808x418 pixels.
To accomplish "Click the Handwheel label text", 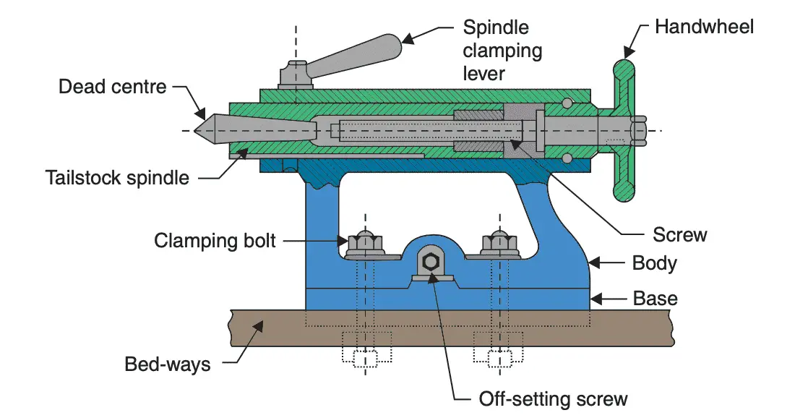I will click(704, 27).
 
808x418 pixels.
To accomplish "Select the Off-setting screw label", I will click(553, 398).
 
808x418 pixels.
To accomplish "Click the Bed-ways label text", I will click(168, 363).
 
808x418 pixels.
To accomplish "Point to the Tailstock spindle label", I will click(116, 177).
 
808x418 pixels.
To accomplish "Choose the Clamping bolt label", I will click(215, 239).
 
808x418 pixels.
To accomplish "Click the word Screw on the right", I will click(679, 235).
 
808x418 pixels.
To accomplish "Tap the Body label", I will click(654, 263).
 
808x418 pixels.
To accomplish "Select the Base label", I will click(655, 298).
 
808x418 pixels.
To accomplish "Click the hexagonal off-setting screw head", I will click(430, 262).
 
